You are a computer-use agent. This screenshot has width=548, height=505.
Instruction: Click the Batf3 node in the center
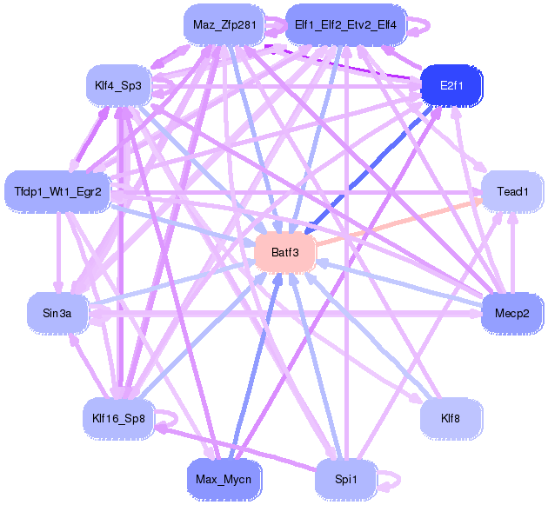pyautogui.click(x=284, y=253)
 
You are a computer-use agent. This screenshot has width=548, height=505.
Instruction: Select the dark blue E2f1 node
pyautogui.click(x=451, y=86)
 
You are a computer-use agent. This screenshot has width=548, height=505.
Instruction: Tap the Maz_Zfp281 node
pyautogui.click(x=224, y=25)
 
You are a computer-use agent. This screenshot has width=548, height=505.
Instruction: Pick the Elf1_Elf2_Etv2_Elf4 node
pyautogui.click(x=345, y=25)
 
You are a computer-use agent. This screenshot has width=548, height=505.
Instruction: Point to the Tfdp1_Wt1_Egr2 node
pyautogui.click(x=58, y=190)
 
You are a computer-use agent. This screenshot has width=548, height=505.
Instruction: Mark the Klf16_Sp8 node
pyautogui.click(x=117, y=417)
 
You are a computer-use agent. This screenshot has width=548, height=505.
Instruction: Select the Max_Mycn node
pyautogui.click(x=224, y=477)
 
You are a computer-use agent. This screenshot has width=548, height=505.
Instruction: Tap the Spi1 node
pyautogui.click(x=345, y=477)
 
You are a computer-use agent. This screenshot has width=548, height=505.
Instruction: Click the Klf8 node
pyautogui.click(x=451, y=418)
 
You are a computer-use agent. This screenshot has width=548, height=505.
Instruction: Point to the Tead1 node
pyautogui.click(x=512, y=191)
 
